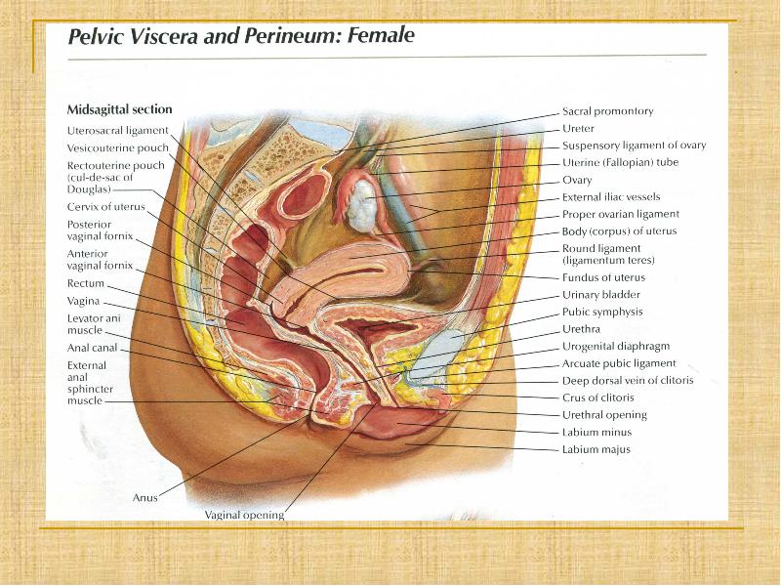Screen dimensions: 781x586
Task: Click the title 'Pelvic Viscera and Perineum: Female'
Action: click(241, 36)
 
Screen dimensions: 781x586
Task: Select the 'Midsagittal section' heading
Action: click(119, 109)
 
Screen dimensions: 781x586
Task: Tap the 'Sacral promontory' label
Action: click(607, 111)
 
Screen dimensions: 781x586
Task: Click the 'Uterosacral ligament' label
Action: click(117, 131)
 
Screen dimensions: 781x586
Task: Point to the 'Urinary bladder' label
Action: click(601, 295)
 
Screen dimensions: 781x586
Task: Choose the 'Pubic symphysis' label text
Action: click(602, 312)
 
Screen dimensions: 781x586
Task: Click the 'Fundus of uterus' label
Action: click(603, 277)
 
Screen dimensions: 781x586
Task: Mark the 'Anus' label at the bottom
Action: click(144, 497)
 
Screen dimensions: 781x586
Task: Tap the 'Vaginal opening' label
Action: click(244, 515)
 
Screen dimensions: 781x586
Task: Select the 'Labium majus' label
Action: click(596, 449)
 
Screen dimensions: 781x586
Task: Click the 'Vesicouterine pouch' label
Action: click(117, 148)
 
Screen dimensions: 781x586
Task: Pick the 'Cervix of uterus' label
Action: click(106, 207)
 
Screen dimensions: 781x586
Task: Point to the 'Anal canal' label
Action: click(92, 348)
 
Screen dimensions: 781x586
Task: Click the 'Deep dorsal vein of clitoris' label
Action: click(628, 381)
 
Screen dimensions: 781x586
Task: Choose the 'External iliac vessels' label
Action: click(611, 197)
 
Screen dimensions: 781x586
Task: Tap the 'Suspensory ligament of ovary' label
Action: click(634, 146)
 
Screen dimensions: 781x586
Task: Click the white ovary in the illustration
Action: click(361, 206)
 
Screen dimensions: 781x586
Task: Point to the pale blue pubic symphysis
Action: click(441, 353)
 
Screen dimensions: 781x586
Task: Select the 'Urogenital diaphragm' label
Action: click(616, 347)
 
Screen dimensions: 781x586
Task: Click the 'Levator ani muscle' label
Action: click(94, 324)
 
